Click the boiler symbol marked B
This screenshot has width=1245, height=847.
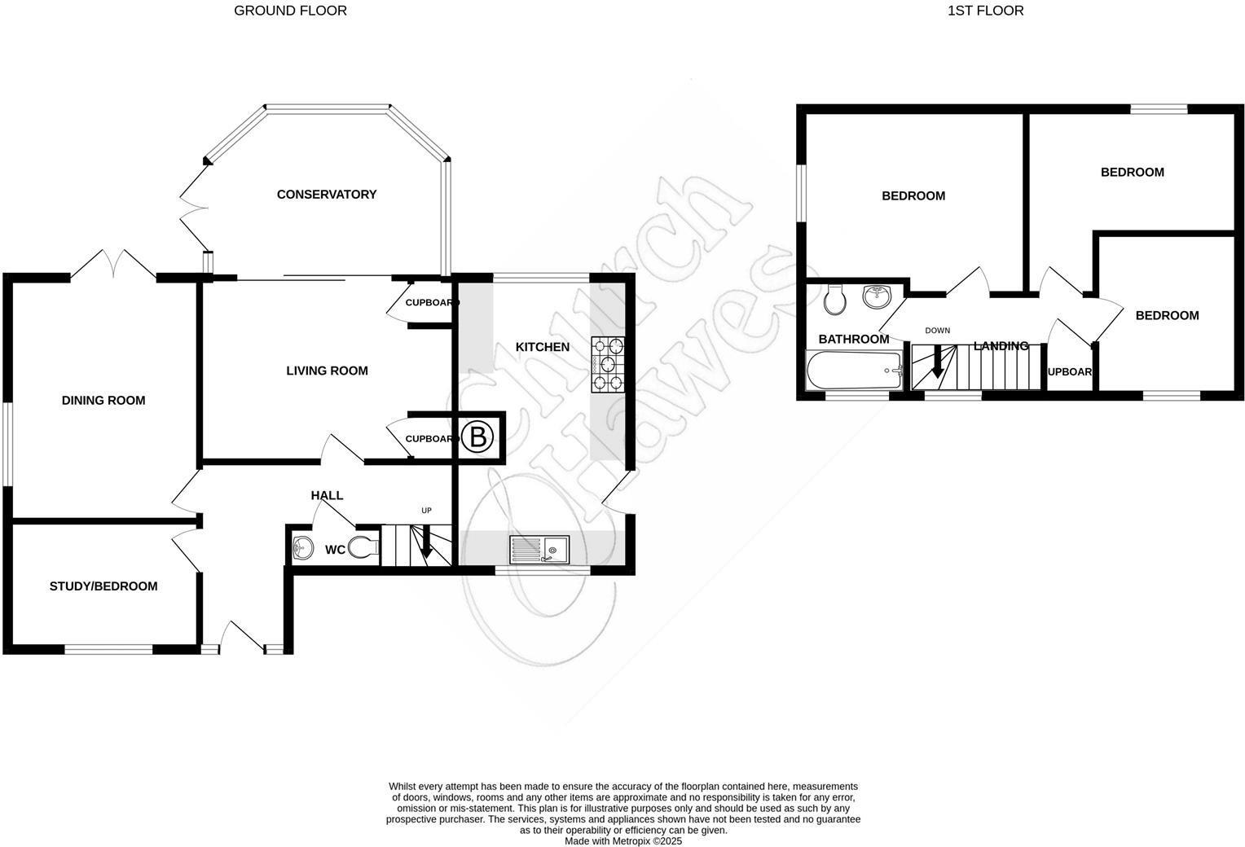tap(477, 438)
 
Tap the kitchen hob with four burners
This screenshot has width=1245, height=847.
tap(607, 364)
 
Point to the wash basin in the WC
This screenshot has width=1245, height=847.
tap(302, 548)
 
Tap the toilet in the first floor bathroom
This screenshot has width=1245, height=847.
tap(835, 300)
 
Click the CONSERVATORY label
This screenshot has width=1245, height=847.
tap(327, 194)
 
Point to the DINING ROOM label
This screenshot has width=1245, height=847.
tap(103, 400)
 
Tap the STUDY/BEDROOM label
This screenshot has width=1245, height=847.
tap(103, 586)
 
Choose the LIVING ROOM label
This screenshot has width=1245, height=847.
tap(327, 371)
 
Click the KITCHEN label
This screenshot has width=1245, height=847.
tap(543, 347)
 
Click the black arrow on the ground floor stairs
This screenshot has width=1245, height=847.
tap(425, 544)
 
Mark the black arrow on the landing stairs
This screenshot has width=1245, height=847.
tap(937, 361)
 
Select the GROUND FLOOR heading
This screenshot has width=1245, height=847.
tap(290, 11)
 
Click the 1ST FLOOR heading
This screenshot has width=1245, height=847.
tap(986, 11)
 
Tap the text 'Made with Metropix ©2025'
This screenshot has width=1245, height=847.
tap(623, 841)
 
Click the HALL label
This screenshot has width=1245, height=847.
tap(327, 495)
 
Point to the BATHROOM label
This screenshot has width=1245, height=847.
tap(854, 339)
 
